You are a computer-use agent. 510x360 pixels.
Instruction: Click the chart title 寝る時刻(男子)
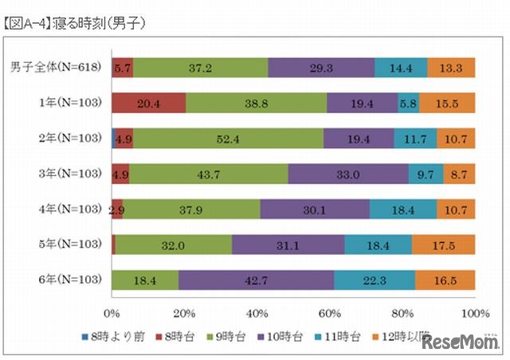[76, 25]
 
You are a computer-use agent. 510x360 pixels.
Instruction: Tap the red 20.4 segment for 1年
[149, 103]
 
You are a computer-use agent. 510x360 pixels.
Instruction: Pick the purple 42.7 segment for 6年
[256, 280]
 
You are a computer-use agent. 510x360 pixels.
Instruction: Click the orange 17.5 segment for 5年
[444, 245]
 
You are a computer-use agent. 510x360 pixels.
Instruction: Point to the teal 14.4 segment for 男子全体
[401, 68]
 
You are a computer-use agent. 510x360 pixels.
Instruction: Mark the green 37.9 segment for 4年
[191, 209]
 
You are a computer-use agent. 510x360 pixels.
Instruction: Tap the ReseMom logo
[461, 342]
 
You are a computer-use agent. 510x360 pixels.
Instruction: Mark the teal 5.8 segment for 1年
[408, 103]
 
